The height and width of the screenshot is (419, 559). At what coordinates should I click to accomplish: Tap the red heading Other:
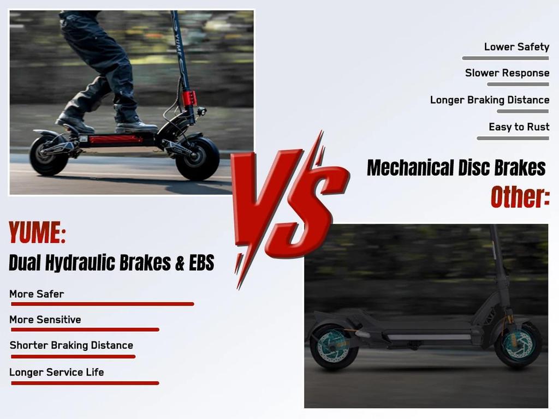point(519,197)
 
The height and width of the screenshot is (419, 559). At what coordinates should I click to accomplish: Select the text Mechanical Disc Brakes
point(456,167)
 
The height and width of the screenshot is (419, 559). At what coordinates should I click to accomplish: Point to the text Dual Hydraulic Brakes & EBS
point(111,263)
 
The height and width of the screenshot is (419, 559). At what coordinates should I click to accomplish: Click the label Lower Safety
point(516,47)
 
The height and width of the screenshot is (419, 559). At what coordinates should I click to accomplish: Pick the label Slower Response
point(507,73)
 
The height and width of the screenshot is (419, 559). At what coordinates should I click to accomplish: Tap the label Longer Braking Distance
point(490,100)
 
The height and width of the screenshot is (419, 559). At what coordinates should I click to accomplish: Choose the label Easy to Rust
point(519,127)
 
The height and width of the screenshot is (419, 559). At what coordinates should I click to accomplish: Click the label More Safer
point(37,294)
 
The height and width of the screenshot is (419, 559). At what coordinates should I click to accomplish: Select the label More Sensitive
point(45,320)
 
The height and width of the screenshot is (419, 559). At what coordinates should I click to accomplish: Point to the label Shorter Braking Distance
point(72,345)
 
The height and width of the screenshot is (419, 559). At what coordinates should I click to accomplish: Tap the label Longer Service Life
point(57,373)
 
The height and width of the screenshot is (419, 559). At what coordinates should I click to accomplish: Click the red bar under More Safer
point(102,304)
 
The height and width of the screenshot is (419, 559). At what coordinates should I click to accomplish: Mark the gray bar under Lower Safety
point(505,58)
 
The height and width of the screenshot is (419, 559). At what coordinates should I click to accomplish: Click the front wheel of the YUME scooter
point(197,158)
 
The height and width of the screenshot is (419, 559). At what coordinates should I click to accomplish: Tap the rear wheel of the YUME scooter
point(49,156)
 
